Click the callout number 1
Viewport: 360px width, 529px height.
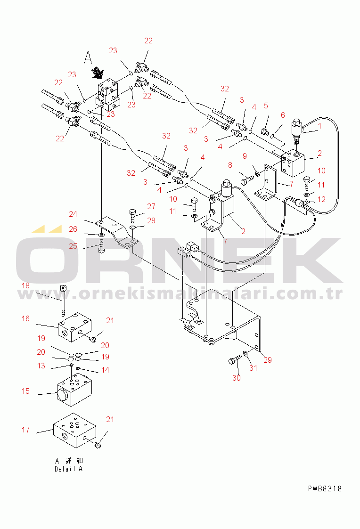coord(319,126)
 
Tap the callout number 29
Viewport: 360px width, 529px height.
coord(268,360)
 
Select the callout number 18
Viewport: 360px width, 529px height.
coord(25,286)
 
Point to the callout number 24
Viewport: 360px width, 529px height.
coord(73,214)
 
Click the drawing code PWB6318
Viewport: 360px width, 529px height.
coord(325,488)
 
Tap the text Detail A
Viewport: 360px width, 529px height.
coord(68,469)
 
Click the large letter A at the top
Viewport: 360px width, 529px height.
coord(88,57)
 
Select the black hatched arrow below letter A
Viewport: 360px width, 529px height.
coord(98,72)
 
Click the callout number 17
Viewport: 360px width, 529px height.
coord(25,430)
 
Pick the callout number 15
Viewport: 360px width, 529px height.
coord(25,391)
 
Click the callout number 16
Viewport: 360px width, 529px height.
coord(25,319)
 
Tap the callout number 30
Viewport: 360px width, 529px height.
coord(237,378)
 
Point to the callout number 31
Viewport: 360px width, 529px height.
coord(254,368)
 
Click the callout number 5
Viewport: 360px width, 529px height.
coord(266,106)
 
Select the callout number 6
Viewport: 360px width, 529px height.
coord(283,115)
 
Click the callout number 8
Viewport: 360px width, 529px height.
coord(230,165)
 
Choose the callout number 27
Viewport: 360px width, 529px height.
coord(151,206)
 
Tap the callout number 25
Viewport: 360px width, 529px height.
coord(73,246)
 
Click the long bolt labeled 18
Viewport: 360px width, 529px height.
coord(63,301)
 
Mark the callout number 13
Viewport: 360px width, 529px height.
coord(41,366)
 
